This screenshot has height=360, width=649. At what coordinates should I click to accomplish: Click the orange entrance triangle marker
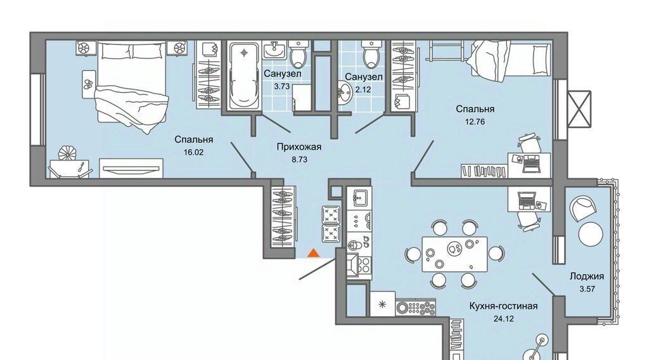314,253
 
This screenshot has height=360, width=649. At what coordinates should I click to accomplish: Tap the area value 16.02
194,152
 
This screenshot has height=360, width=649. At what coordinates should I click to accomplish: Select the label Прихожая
299,146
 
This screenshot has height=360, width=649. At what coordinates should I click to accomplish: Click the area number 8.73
299,159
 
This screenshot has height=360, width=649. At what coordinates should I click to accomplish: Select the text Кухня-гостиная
503,306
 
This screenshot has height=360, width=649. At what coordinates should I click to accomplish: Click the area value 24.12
504,319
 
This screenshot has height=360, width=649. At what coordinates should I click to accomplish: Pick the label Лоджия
586,276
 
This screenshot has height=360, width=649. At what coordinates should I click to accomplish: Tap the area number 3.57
587,289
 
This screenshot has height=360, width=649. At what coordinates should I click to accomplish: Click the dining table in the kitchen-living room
454,254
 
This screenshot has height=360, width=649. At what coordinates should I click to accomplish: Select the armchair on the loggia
584,208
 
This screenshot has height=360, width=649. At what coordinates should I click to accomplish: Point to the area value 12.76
475,122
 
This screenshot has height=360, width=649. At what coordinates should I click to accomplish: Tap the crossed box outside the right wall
579,109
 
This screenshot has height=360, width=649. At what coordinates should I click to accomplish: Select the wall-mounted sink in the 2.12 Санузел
344,92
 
